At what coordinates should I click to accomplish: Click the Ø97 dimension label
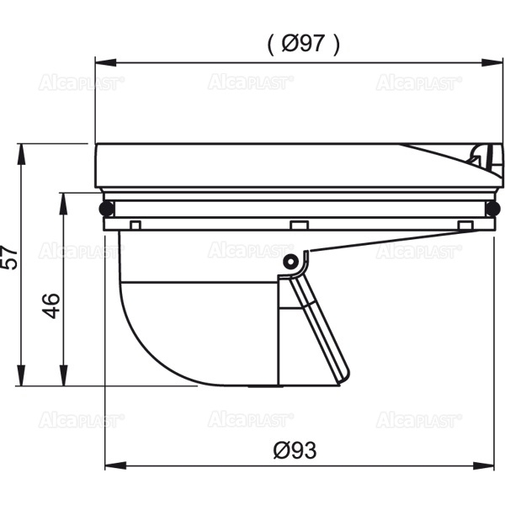pos(304,44)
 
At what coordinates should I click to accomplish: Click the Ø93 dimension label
pos(295,450)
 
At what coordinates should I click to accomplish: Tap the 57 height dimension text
pos(9,258)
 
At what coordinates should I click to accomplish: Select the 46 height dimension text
pos(50,306)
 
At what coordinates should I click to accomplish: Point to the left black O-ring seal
pos(107,209)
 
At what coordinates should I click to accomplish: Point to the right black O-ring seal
pos(493,209)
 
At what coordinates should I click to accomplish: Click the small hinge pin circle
pos(290,262)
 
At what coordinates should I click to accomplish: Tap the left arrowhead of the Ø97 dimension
pos(106,62)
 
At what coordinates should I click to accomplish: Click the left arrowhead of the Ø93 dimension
pos(115,465)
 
